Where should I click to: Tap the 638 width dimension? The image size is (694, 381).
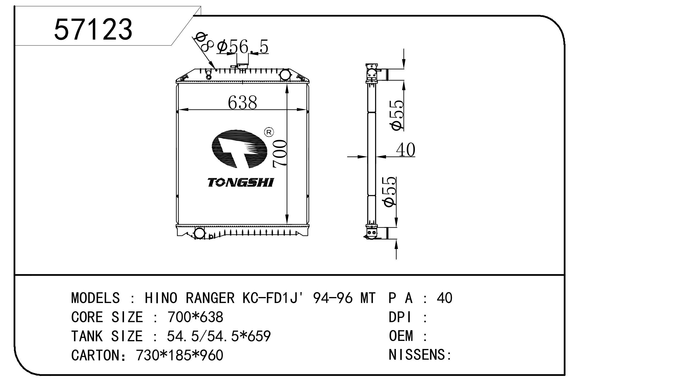point(242,103)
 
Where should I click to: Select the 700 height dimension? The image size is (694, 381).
point(280,154)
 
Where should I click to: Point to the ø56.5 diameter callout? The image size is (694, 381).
point(242,47)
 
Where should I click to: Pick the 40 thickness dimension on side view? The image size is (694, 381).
point(406,150)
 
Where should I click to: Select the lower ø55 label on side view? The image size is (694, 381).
point(390,192)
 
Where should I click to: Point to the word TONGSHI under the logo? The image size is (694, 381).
point(241,182)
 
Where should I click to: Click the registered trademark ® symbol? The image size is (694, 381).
point(269,132)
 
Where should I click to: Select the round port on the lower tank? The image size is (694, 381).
point(199,233)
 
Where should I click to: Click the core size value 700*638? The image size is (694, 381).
point(195,317)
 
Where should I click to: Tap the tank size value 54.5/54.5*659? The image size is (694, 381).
point(219,336)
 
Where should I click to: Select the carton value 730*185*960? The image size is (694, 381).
point(179,355)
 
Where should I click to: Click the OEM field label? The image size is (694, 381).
point(401,336)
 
